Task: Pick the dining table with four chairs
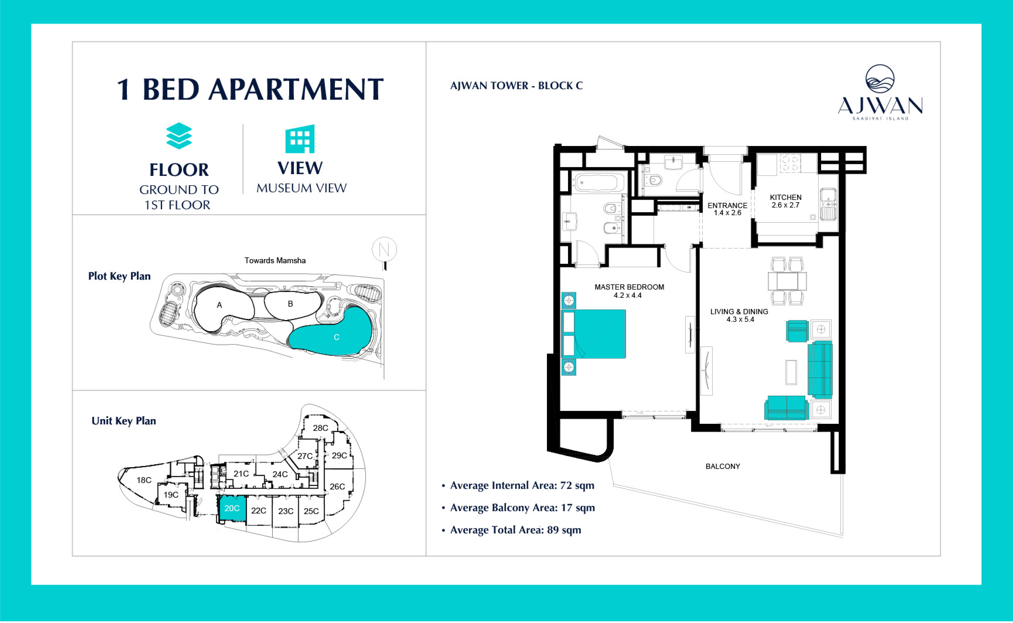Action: (787, 281)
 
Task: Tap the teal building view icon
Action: (300, 139)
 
